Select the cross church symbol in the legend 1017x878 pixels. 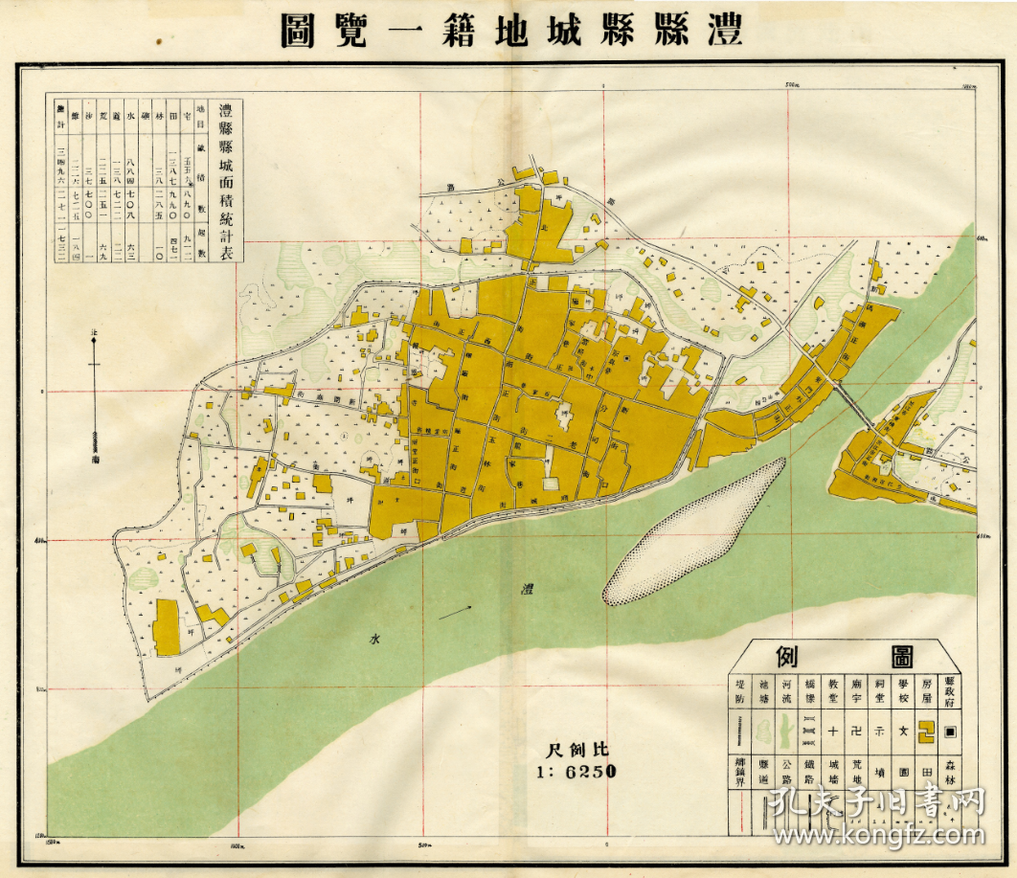832,732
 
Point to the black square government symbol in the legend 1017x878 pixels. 950,732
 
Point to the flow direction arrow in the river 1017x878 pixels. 456,611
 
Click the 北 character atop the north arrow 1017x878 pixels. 93,331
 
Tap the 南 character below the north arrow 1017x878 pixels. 94,458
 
